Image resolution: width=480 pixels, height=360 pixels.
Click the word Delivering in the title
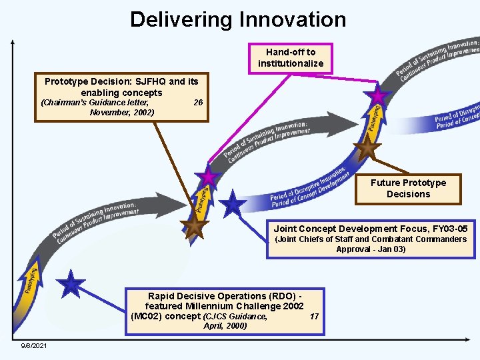click(175, 19)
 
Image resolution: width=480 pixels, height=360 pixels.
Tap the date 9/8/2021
click(33, 346)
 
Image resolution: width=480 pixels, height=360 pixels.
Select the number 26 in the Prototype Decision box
click(198, 103)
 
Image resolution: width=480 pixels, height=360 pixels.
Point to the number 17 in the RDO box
click(315, 317)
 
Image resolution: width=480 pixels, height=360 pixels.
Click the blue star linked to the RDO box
click(71, 285)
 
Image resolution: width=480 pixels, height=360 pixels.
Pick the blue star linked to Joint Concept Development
click(233, 205)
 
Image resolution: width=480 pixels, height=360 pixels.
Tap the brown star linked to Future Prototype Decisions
click(367, 148)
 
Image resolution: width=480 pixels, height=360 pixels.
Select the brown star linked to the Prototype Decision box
click(194, 227)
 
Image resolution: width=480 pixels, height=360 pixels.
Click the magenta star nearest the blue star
click(209, 177)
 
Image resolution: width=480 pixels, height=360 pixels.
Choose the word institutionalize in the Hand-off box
click(291, 63)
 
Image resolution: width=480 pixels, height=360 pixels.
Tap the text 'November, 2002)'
click(121, 113)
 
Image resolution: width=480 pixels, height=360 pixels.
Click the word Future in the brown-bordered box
click(386, 183)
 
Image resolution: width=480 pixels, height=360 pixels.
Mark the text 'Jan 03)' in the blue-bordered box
click(390, 249)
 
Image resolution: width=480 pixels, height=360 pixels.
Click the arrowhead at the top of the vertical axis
click(13, 41)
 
